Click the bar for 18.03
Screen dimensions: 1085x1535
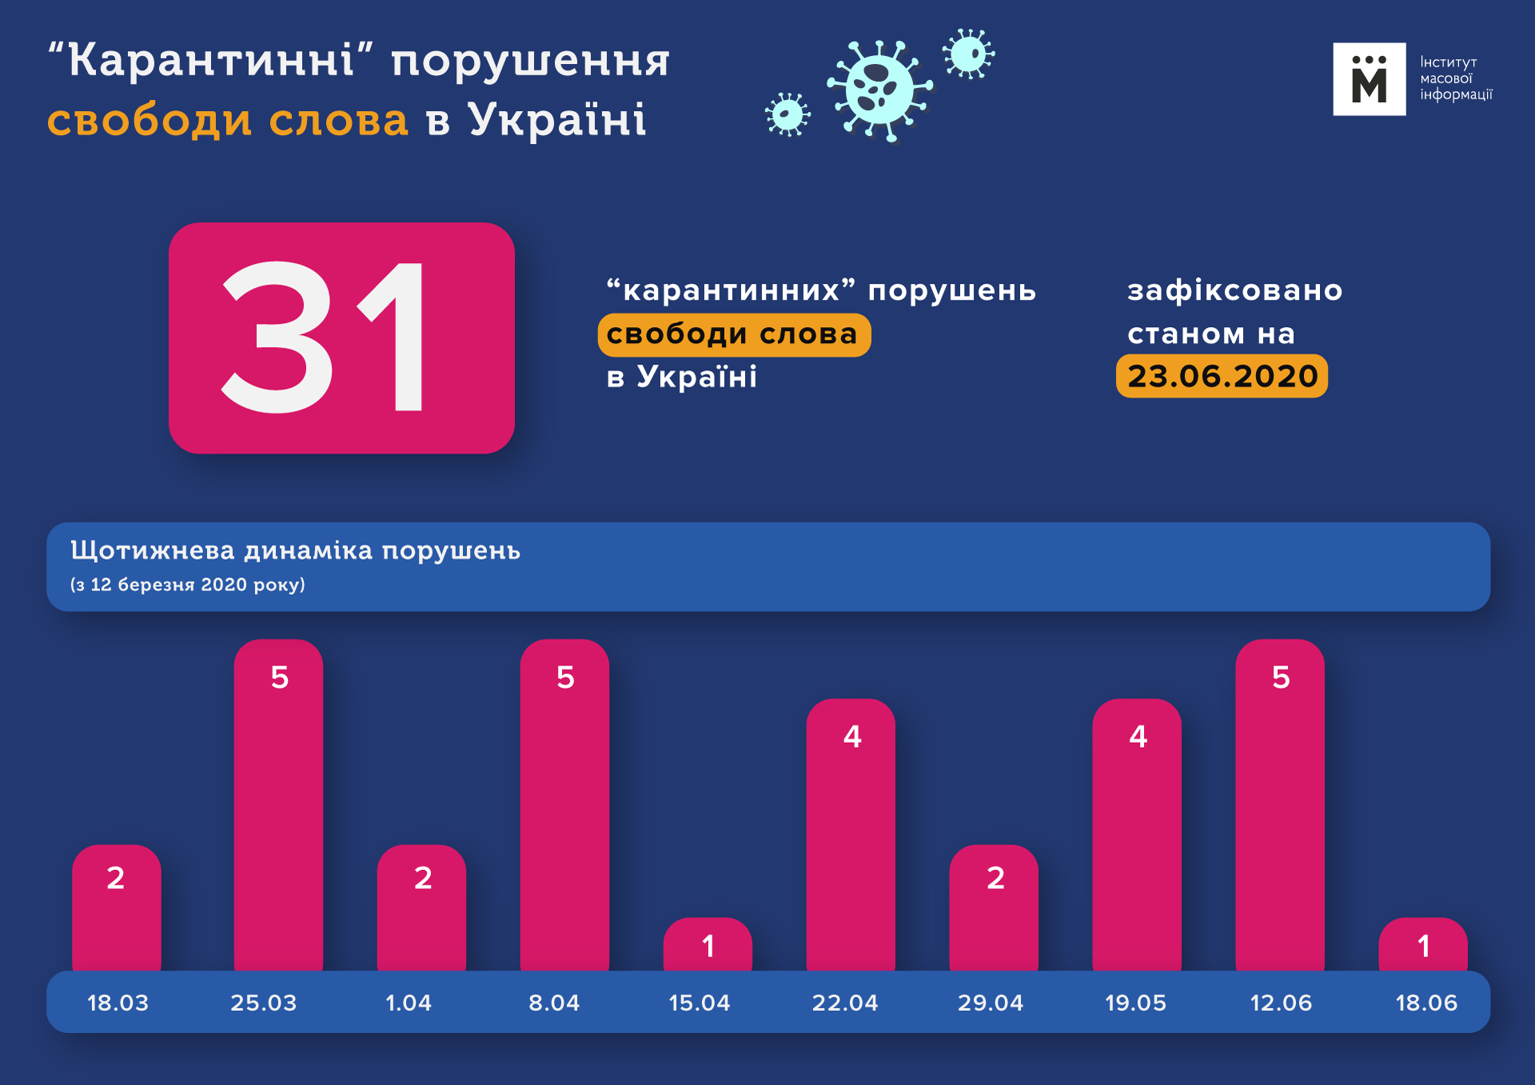(x=117, y=911)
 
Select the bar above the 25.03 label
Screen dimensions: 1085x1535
(x=278, y=808)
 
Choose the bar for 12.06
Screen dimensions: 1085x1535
(x=1280, y=808)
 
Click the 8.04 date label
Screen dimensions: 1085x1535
(x=554, y=1003)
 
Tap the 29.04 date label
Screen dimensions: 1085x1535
(x=991, y=1003)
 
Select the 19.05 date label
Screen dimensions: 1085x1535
(x=1135, y=1003)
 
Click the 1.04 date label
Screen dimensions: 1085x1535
(x=409, y=1003)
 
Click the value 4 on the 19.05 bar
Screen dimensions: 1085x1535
(x=1138, y=736)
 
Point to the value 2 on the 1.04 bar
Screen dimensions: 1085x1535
(x=423, y=878)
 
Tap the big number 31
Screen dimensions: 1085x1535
(x=324, y=337)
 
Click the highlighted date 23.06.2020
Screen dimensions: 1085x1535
(x=1222, y=376)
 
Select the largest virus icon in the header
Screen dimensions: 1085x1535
(x=879, y=90)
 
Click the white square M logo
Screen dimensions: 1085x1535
(x=1369, y=79)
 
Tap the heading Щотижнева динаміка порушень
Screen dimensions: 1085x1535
(x=295, y=551)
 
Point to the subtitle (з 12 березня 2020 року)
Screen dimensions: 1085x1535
(x=188, y=584)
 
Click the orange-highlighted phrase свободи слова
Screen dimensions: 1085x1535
(x=732, y=334)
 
